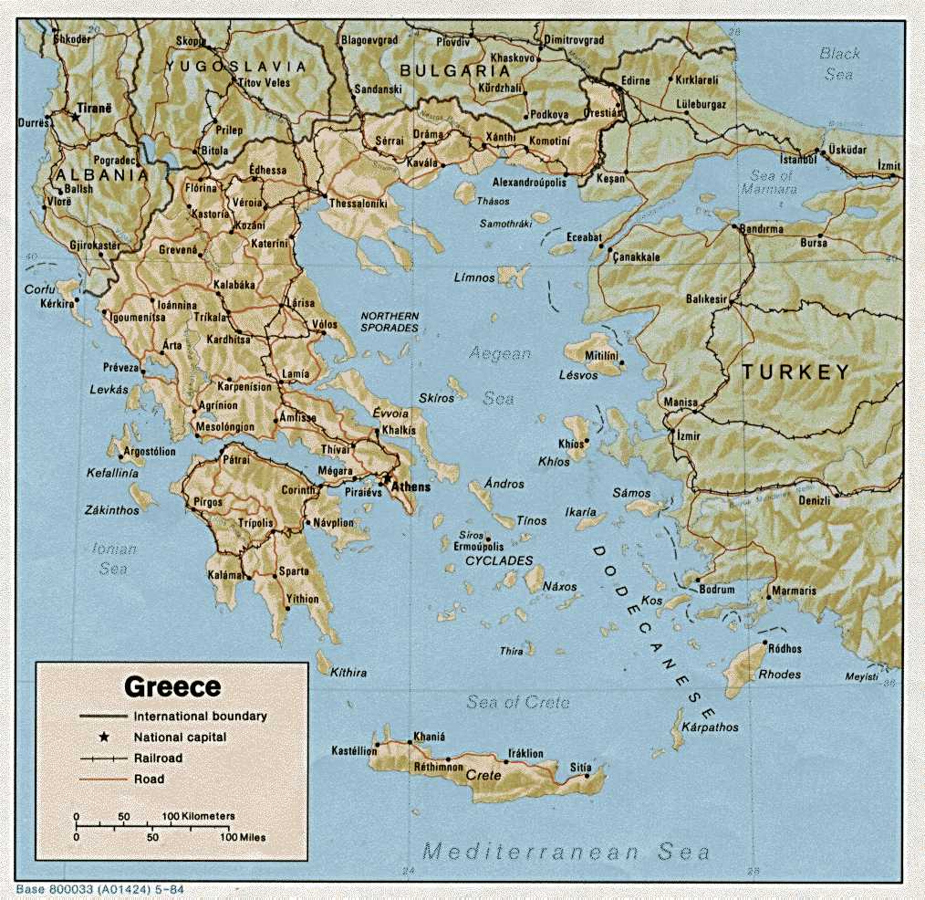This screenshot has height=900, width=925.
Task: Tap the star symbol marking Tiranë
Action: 76,117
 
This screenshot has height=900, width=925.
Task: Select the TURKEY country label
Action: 795,372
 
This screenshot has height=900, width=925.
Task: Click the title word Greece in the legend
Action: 172,686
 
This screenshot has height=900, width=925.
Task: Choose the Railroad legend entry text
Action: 158,759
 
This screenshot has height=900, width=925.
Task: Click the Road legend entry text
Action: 149,780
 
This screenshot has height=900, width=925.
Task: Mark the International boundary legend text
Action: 200,717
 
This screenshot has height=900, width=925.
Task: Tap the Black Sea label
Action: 839,64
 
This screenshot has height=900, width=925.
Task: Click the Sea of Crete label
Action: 517,702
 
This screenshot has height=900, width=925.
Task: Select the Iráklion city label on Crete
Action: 525,754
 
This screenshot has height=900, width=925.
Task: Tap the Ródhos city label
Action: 785,649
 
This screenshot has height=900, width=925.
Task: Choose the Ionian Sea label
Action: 114,559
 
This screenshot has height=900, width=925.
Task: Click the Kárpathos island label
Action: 711,727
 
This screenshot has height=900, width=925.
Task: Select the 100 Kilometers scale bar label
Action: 199,815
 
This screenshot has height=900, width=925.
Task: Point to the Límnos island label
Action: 474,277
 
